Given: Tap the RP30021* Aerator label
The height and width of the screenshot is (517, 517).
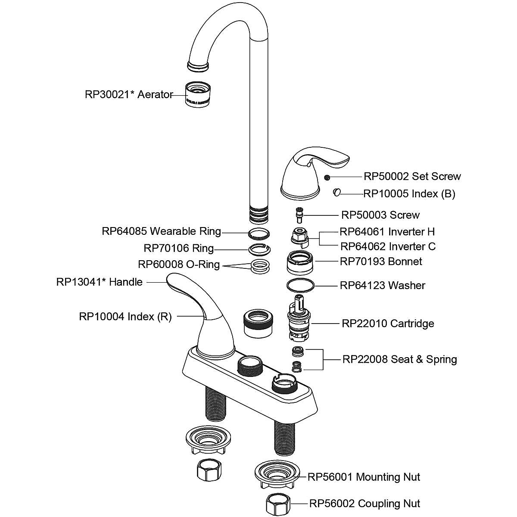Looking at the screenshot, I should [129, 94].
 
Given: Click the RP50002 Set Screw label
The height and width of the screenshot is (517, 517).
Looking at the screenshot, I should [412, 176].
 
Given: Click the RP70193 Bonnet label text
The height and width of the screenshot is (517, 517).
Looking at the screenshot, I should [381, 261].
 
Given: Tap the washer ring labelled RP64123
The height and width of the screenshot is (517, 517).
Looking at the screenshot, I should [300, 285].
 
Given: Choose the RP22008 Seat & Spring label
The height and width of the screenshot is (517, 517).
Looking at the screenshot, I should [399, 359].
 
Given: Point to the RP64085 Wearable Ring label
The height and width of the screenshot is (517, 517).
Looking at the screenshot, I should [161, 231].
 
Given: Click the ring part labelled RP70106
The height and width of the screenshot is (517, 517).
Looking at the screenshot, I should [260, 249].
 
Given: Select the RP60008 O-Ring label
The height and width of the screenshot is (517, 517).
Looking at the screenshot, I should [178, 264].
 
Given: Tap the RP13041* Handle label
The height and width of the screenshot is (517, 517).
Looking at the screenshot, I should [99, 282].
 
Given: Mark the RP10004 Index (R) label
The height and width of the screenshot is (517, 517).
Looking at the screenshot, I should [125, 317].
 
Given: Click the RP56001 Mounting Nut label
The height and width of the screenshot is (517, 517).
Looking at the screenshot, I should [364, 477].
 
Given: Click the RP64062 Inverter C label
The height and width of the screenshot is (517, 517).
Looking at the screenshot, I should [388, 246].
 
